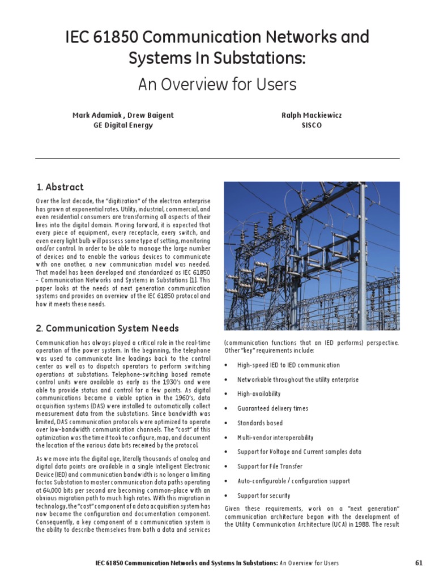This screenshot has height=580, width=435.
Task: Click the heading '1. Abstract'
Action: pos(59,187)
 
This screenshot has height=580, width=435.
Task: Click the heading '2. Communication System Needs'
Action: pos(107,329)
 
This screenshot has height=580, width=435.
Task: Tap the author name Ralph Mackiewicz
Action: pos(312,116)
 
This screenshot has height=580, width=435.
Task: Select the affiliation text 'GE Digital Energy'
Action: pos(123,125)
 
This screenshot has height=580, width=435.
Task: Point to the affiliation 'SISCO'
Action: pos(312,125)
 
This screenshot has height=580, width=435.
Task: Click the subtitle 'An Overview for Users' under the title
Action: pos(217,84)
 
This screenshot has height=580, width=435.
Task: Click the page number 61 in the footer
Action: pos(419,563)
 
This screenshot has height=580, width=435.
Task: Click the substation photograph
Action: pos(312,256)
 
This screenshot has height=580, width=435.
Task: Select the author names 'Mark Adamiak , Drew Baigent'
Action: pos(123,116)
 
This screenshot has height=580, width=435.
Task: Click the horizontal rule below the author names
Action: pos(217,158)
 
